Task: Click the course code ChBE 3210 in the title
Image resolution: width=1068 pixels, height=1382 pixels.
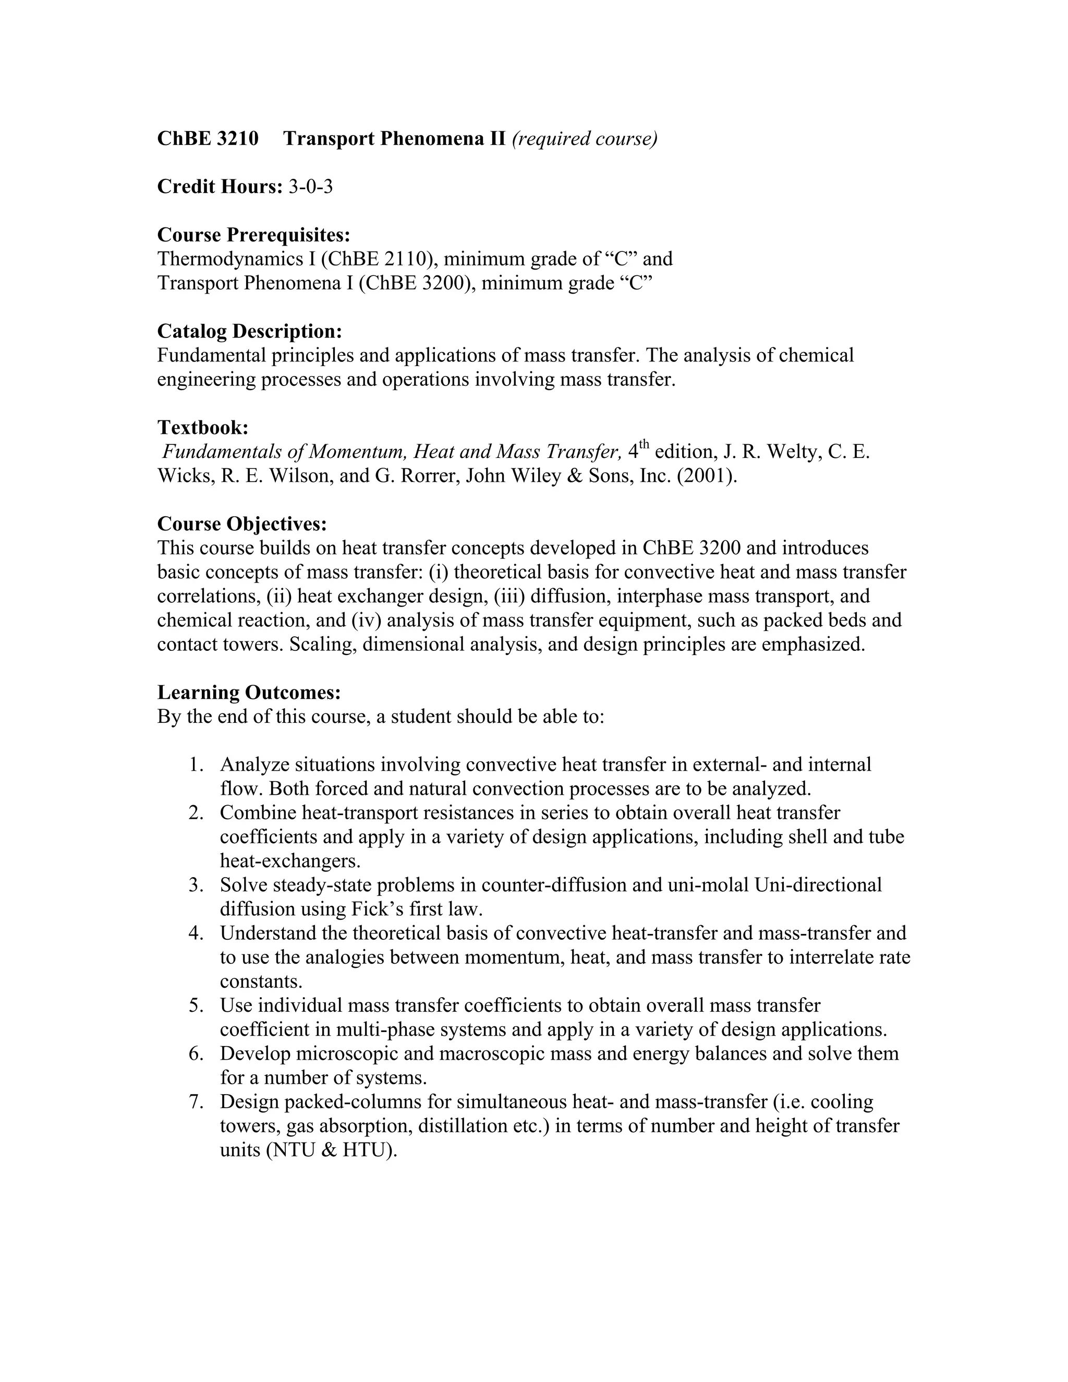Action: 208,139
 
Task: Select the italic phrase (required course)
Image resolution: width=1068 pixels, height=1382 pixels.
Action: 584,139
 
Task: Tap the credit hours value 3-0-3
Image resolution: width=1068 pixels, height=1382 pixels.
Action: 311,187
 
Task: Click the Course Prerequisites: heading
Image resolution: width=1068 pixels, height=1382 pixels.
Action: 253,235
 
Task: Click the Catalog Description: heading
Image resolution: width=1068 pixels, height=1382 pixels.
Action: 249,331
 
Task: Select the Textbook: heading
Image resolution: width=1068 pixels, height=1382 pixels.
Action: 202,427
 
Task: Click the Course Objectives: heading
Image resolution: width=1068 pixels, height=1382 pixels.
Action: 241,524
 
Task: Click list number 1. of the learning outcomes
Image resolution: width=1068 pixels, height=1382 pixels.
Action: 196,765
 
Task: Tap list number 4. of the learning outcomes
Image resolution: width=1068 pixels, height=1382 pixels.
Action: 196,933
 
